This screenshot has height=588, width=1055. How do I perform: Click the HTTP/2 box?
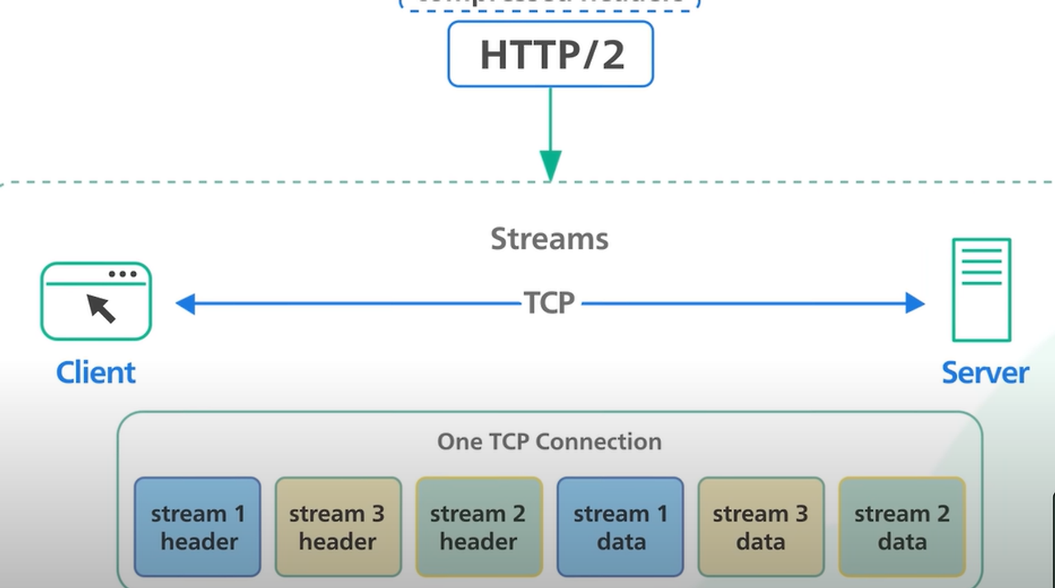pyautogui.click(x=551, y=54)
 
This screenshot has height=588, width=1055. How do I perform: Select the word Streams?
pyautogui.click(x=550, y=239)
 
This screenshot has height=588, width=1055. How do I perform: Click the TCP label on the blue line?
pyautogui.click(x=550, y=303)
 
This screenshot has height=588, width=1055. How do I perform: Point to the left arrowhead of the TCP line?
pyautogui.click(x=185, y=303)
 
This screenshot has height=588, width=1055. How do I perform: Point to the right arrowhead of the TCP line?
pyautogui.click(x=914, y=303)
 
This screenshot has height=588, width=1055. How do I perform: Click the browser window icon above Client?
pyautogui.click(x=96, y=301)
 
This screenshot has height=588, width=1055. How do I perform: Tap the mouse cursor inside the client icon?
pyautogui.click(x=101, y=308)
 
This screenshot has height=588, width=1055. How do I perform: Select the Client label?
pyautogui.click(x=96, y=373)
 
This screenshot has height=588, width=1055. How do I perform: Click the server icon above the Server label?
pyautogui.click(x=981, y=289)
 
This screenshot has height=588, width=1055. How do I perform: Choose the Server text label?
pyautogui.click(x=985, y=373)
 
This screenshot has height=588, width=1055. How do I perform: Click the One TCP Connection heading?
pyautogui.click(x=550, y=441)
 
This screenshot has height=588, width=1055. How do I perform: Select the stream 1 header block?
pyautogui.click(x=198, y=527)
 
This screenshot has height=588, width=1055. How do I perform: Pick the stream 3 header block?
pyautogui.click(x=338, y=527)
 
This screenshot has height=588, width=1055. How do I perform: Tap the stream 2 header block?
pyautogui.click(x=479, y=527)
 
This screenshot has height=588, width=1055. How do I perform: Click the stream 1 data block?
pyautogui.click(x=620, y=527)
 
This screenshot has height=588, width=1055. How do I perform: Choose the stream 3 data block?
pyautogui.click(x=761, y=527)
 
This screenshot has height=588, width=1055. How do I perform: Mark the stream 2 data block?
pyautogui.click(x=902, y=527)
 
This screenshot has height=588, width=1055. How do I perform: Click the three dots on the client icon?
pyautogui.click(x=123, y=274)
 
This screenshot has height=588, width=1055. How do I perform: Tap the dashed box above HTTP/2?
pyautogui.click(x=550, y=3)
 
